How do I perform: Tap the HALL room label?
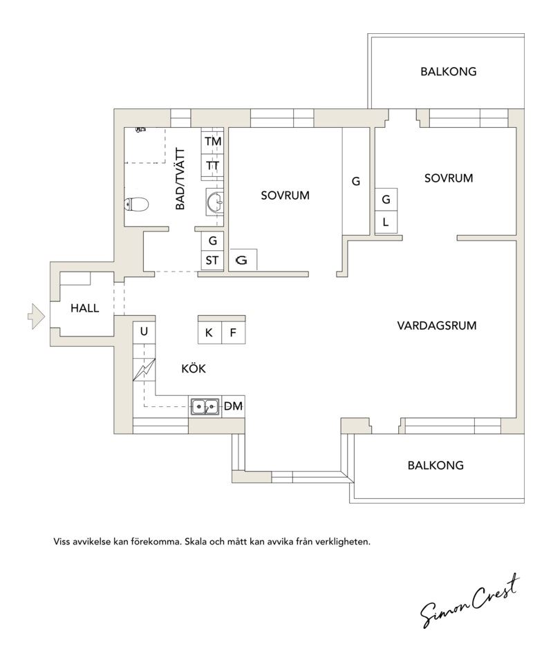(x=85, y=308)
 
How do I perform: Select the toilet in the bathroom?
(x=137, y=205)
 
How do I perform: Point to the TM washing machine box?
(x=212, y=142)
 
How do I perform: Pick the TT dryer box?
(x=212, y=166)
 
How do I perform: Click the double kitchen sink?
(x=205, y=407)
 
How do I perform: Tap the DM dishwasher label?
(x=233, y=406)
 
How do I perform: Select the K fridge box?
(x=209, y=332)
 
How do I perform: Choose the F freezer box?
(x=234, y=332)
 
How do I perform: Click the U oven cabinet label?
(x=144, y=332)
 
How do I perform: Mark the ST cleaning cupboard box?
(x=212, y=261)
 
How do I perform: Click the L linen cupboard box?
(x=386, y=222)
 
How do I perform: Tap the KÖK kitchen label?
(x=194, y=368)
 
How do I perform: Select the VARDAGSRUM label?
(x=437, y=325)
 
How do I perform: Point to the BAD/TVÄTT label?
(x=180, y=178)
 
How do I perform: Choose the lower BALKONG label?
(x=435, y=465)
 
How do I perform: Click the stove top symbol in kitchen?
(x=144, y=370)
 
